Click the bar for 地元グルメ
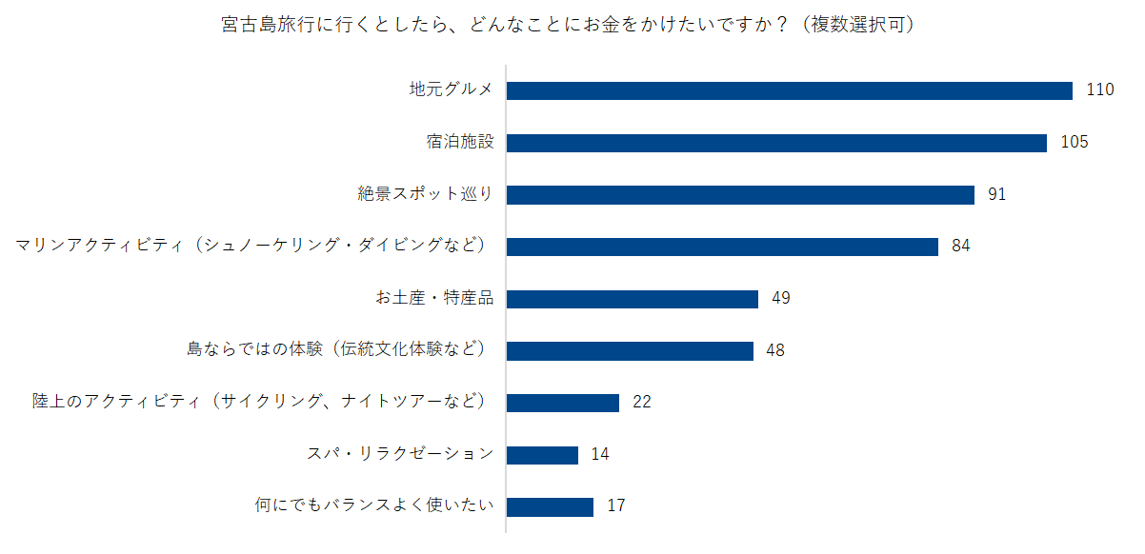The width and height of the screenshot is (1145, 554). (789, 90)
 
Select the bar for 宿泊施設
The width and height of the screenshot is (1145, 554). (776, 143)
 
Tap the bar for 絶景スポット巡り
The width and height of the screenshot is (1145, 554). (740, 194)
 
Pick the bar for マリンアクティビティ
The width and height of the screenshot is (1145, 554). (722, 247)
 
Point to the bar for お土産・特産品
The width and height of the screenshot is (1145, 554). (632, 299)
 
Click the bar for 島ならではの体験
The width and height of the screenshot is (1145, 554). (630, 350)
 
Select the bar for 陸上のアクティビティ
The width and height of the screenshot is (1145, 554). (562, 403)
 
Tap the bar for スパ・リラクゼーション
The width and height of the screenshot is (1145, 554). (542, 454)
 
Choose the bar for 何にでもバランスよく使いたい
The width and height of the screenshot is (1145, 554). (550, 506)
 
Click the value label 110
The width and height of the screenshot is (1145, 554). (1099, 90)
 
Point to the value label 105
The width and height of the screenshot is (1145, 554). (1074, 143)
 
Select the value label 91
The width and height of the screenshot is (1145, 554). (996, 194)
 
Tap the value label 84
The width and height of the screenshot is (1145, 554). (960, 247)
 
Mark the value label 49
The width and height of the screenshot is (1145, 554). (780, 299)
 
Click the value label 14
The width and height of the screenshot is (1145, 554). (600, 454)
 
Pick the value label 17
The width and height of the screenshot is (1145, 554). (615, 506)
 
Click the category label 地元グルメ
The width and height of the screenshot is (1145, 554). (451, 90)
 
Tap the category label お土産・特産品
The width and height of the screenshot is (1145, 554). (433, 299)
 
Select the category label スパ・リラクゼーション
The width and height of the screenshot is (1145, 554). (399, 454)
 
